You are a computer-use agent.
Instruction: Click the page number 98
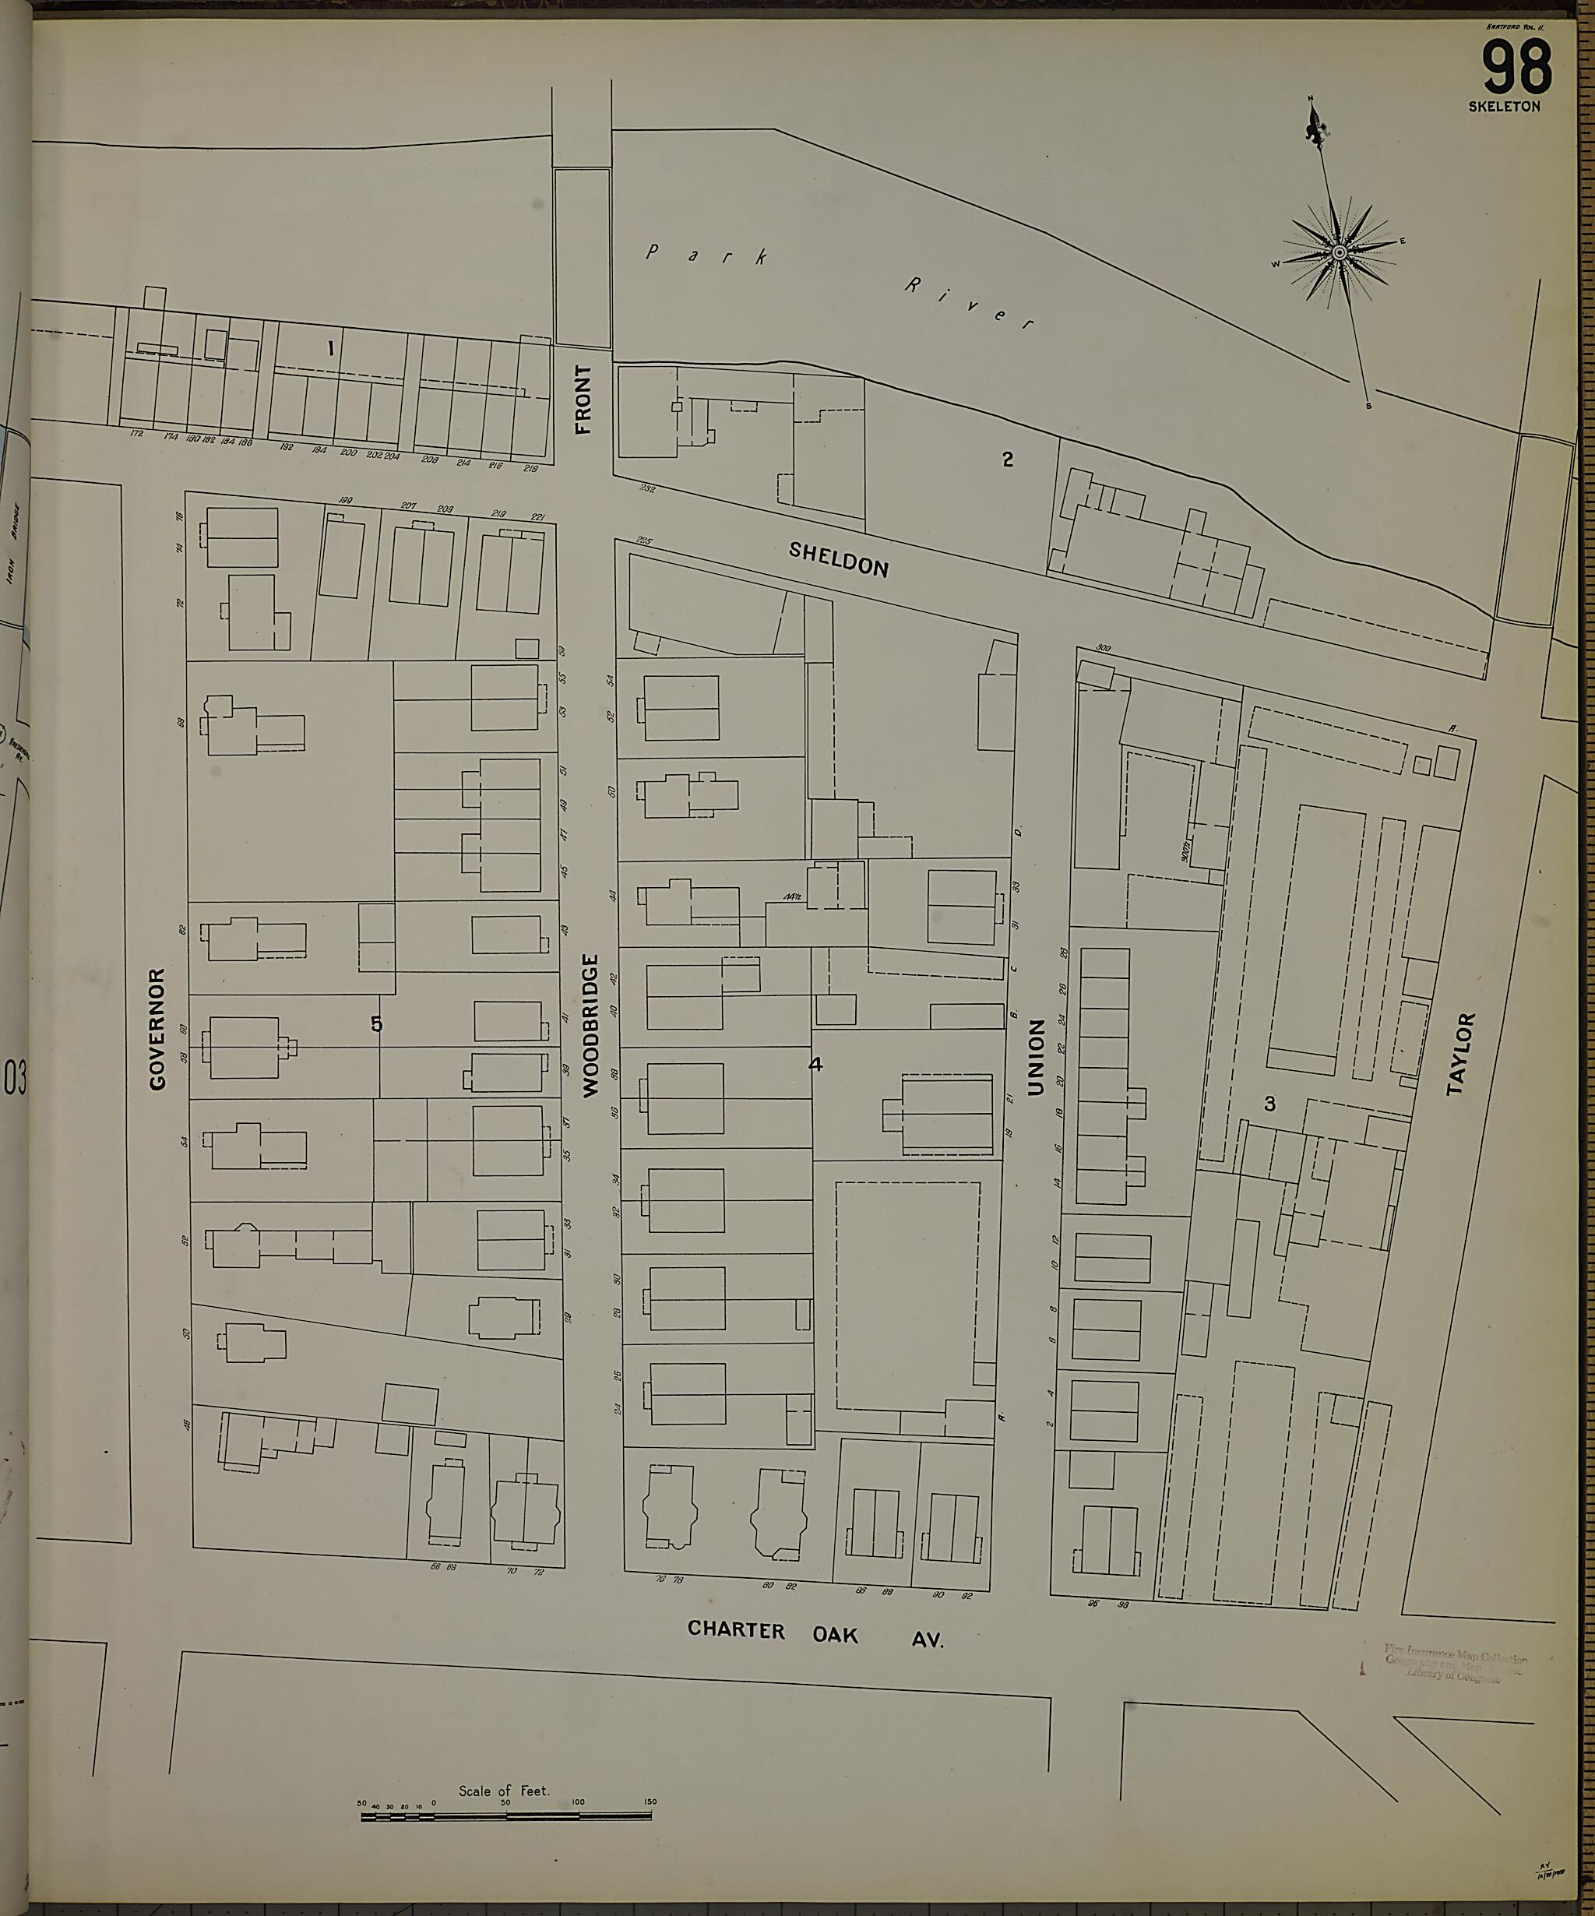[1516, 69]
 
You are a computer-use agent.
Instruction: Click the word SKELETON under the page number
[1504, 107]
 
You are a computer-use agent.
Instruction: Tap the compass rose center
[1339, 252]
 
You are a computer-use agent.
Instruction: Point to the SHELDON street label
[839, 559]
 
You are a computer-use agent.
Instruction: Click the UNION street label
[1035, 1058]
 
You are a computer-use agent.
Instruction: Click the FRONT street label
[583, 399]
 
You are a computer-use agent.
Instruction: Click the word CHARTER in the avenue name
[735, 1629]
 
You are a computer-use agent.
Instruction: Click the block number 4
[815, 1064]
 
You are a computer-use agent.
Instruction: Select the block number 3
[1269, 1104]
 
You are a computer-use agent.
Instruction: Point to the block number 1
[330, 347]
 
